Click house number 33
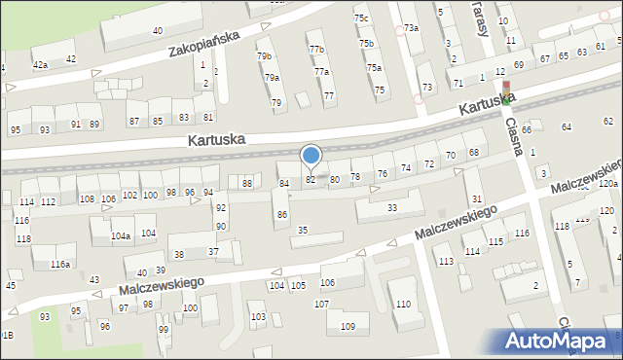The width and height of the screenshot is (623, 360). click(x=392, y=208)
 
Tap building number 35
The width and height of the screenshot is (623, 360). click(x=303, y=230)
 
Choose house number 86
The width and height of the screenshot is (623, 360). click(x=282, y=214)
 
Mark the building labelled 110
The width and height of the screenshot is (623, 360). click(x=403, y=305)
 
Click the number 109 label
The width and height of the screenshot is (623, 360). click(x=348, y=327)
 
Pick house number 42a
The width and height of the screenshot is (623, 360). click(x=40, y=64)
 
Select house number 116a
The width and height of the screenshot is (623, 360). click(x=60, y=265)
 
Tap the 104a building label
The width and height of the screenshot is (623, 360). click(x=121, y=236)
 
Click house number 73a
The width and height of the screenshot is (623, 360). click(x=412, y=28)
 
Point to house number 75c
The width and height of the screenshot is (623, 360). click(x=361, y=18)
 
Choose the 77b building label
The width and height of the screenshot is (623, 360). click(x=315, y=49)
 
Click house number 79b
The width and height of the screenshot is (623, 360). click(x=264, y=56)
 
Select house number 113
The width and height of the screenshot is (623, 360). click(x=446, y=262)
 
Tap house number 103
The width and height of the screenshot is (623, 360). click(x=258, y=317)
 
